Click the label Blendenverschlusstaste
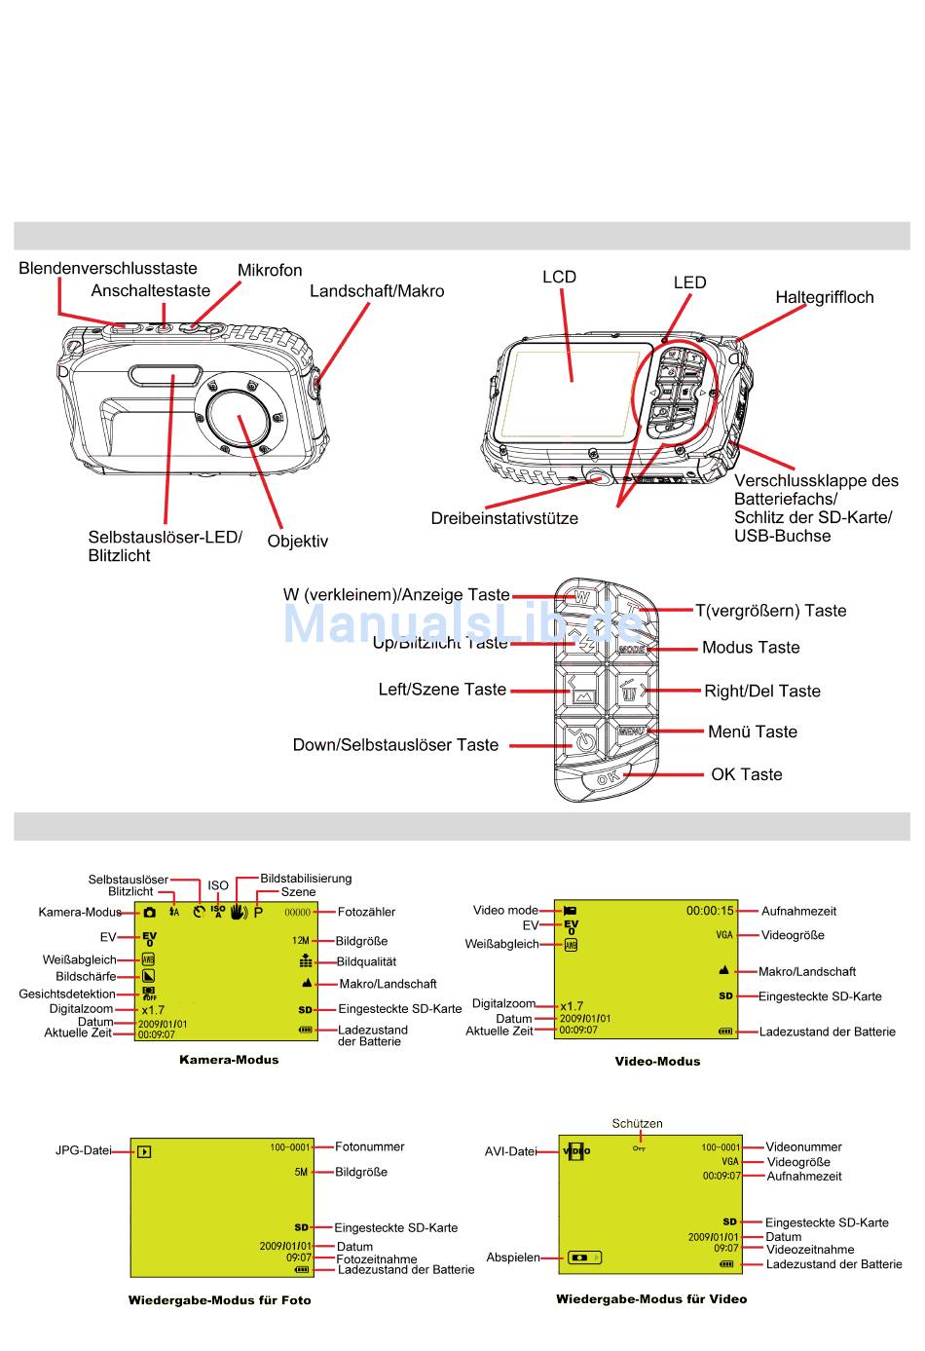[x=107, y=269]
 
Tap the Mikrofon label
[x=270, y=271]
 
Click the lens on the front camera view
[x=240, y=417]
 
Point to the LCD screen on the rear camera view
[x=572, y=390]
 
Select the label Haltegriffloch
[x=824, y=298]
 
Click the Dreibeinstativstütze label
[x=503, y=519]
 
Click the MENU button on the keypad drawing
[x=631, y=731]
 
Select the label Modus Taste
[x=750, y=648]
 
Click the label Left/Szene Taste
[x=442, y=690]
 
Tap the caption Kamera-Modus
[x=229, y=1060]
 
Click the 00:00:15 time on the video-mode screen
[x=710, y=911]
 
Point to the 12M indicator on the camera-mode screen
[x=300, y=941]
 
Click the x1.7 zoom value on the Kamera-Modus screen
[x=153, y=1010]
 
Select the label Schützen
[x=637, y=1123]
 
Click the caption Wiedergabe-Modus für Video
[x=651, y=1298]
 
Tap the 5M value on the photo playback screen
[x=301, y=1173]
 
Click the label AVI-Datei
[x=510, y=1151]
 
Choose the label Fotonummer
[x=369, y=1147]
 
